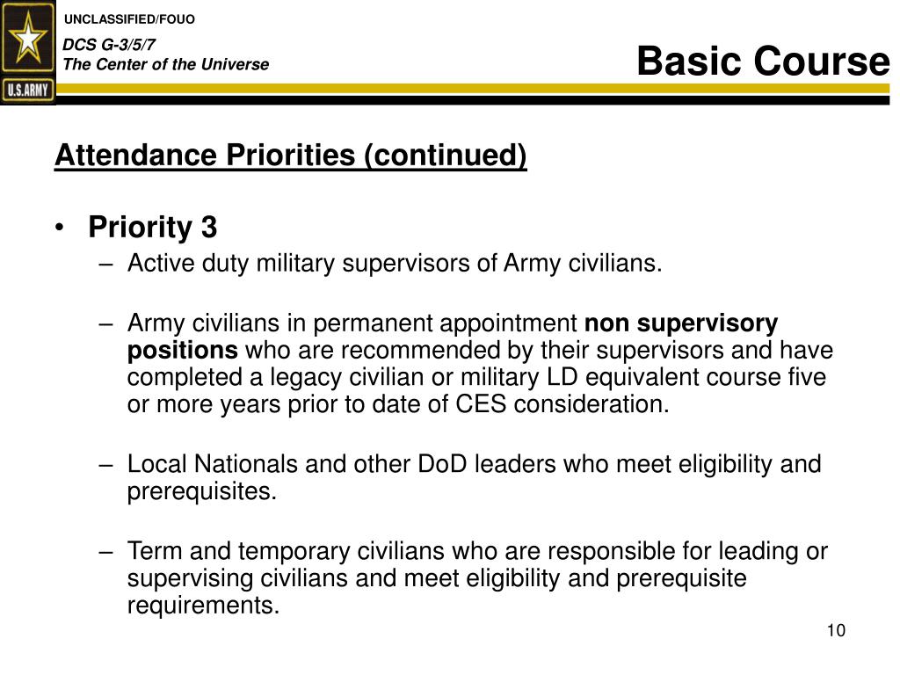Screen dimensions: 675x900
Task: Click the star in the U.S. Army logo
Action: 28,40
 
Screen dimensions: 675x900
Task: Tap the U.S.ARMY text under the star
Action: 28,89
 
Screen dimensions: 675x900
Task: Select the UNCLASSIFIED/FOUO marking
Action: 131,19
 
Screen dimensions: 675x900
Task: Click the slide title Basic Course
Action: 762,62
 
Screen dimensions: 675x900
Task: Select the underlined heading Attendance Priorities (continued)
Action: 290,156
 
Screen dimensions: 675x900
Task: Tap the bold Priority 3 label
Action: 152,228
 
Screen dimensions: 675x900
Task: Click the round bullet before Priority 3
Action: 59,229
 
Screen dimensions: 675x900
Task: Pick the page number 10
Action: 835,631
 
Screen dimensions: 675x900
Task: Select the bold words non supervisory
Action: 681,323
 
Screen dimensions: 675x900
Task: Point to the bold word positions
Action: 182,351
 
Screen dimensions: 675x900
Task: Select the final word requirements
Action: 203,606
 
